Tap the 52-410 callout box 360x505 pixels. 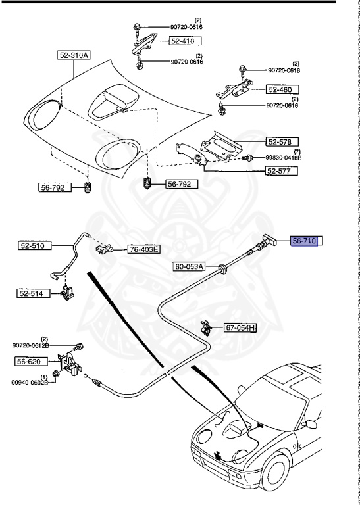[186, 41]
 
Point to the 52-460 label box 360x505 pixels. [282, 89]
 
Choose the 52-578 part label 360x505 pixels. [282, 142]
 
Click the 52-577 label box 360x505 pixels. [282, 171]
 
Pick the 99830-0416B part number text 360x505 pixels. [284, 158]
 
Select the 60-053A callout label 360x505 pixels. [190, 266]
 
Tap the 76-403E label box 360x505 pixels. [144, 249]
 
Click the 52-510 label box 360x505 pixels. [35, 246]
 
